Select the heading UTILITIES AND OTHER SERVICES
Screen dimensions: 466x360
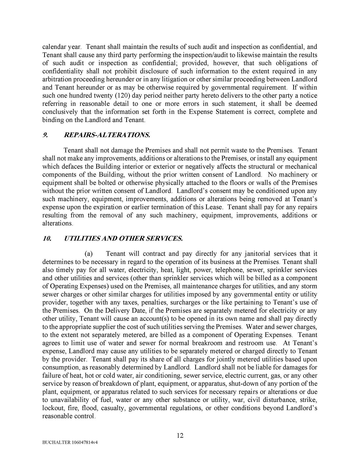tap(123, 239)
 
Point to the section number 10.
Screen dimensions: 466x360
tap(46, 239)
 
